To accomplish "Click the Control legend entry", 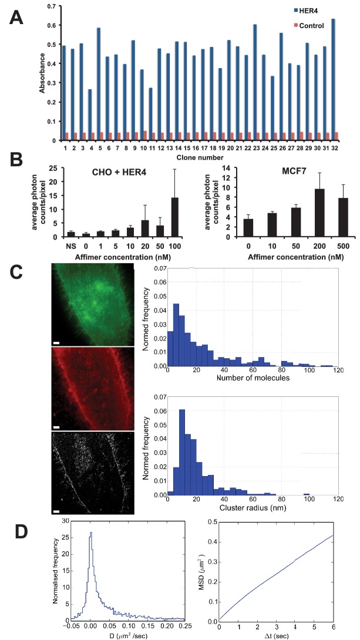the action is coord(308,26).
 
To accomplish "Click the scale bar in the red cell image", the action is coord(56,426).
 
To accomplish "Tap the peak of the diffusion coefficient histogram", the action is coord(91,532).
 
